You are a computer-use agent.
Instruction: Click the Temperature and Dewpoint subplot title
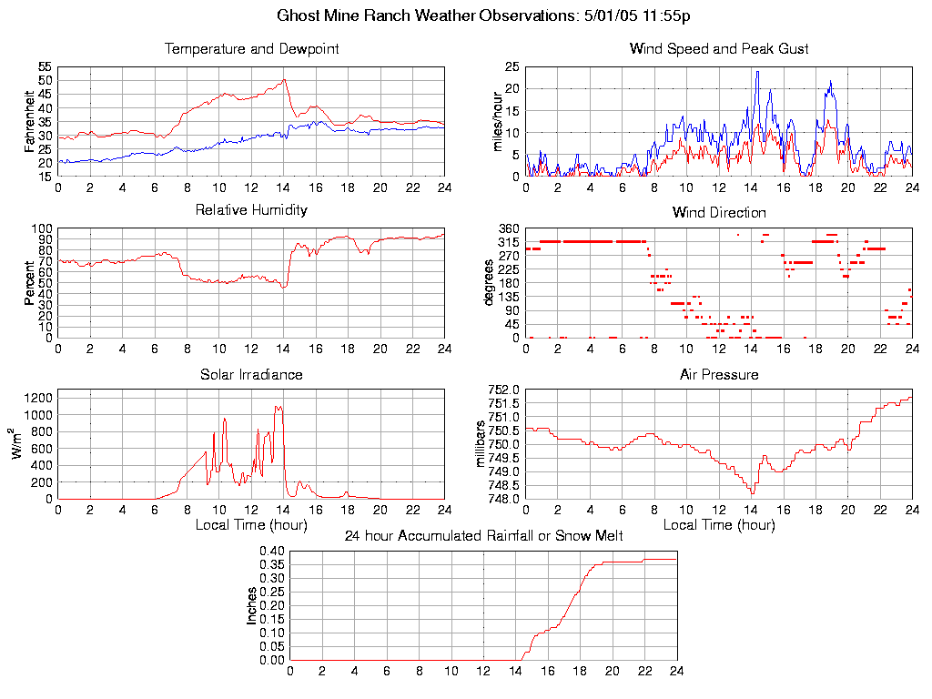tap(251, 48)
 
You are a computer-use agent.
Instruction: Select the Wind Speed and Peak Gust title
tap(719, 48)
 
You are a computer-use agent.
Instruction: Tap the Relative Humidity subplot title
tap(251, 210)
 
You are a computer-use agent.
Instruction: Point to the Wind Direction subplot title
tap(719, 212)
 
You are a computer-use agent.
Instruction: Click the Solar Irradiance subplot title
tap(251, 374)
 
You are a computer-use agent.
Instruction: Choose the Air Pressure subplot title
tap(719, 374)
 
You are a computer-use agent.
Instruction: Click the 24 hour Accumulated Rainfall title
tap(483, 536)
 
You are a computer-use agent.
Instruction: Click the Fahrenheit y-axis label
tap(29, 122)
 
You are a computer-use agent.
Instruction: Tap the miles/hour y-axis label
tap(498, 122)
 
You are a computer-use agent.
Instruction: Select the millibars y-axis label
tap(483, 444)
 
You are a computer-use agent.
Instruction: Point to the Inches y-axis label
tap(252, 605)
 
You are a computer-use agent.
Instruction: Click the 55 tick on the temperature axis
tap(45, 67)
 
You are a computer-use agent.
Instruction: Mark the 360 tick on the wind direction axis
tap(509, 228)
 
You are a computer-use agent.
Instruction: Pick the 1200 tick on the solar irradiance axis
tap(38, 397)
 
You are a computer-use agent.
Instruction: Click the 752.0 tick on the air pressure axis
tap(503, 390)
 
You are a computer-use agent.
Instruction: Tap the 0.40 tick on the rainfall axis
tap(273, 552)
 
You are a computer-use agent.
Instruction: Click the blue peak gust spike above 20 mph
tap(757, 72)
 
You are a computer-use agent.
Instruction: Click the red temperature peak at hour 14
tap(285, 80)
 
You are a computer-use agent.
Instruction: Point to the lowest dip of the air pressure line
tap(753, 492)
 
